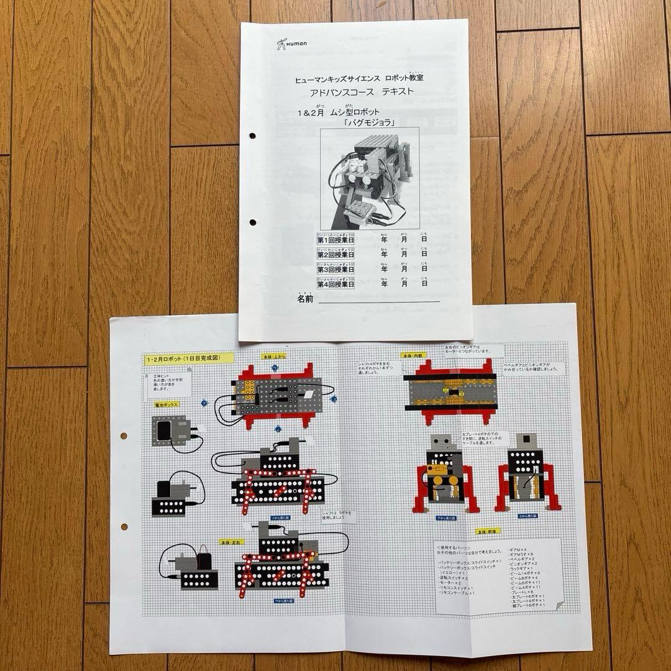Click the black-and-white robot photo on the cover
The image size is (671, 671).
click(369, 177)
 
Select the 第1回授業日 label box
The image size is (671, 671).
click(336, 239)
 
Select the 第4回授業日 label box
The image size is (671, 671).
click(336, 283)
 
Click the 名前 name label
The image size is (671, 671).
click(306, 299)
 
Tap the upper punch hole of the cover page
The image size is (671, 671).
click(253, 135)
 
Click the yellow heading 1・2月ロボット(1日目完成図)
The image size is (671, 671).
click(188, 359)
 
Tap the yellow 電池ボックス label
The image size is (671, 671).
click(167, 404)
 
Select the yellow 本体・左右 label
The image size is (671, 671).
click(231, 542)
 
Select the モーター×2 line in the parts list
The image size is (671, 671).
click(450, 583)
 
